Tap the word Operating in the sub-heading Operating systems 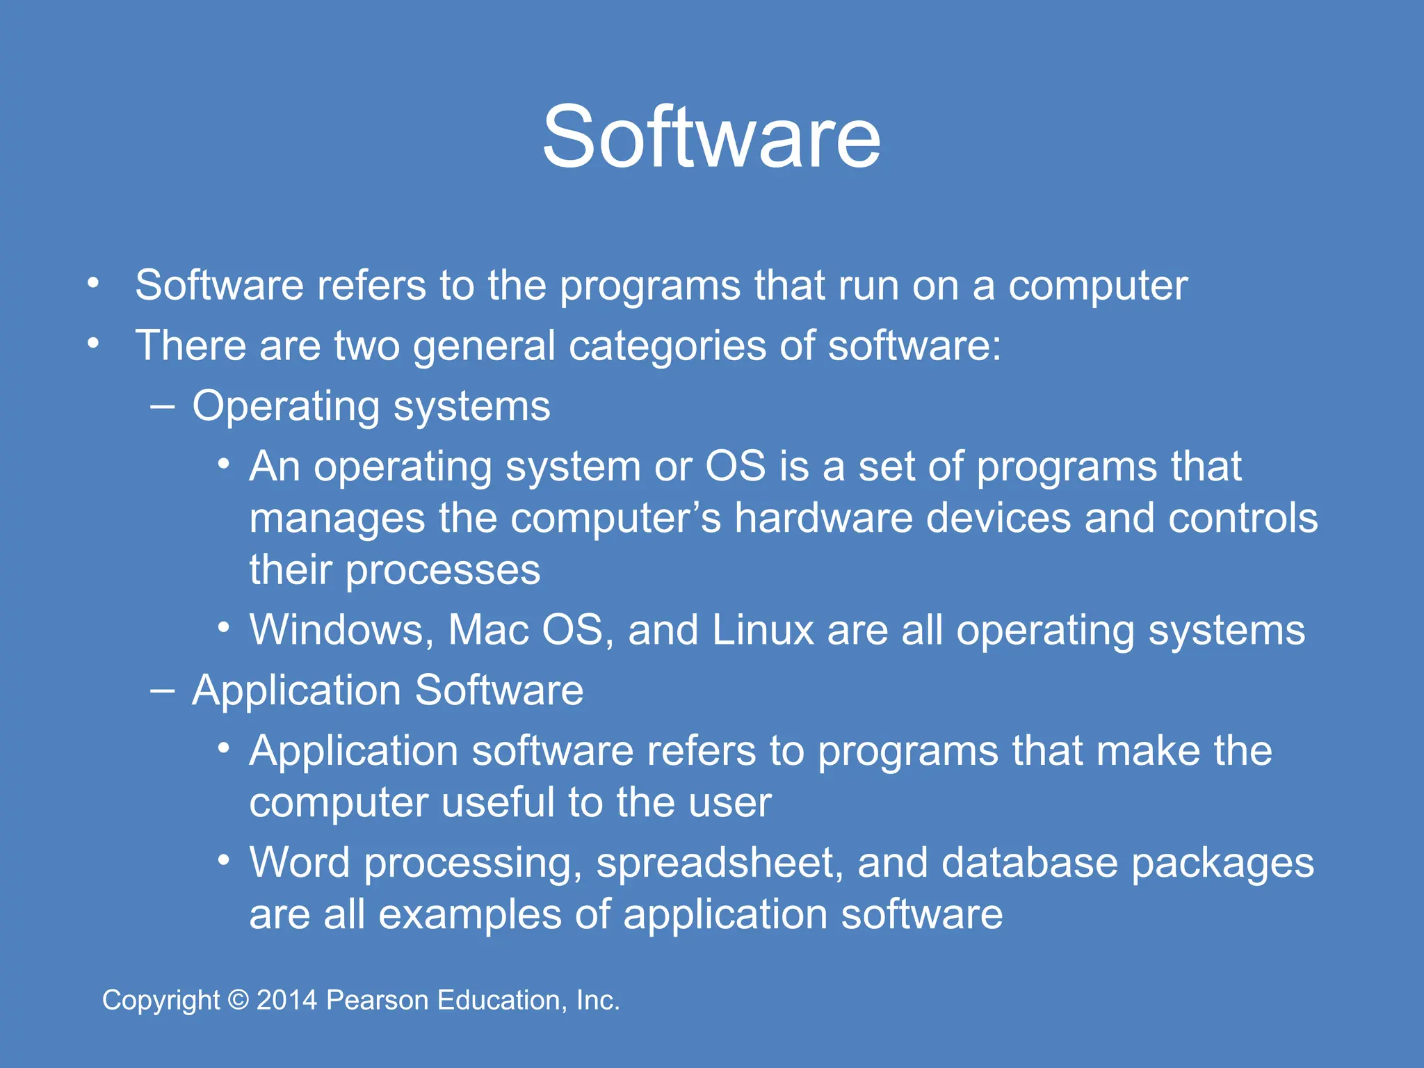[286, 407]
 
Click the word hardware [823, 518]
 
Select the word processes [442, 570]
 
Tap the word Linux [762, 630]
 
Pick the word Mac [489, 630]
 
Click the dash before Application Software [162, 690]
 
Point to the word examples [469, 914]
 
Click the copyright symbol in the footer [238, 1001]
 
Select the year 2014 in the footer [286, 1001]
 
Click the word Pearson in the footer [377, 1001]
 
